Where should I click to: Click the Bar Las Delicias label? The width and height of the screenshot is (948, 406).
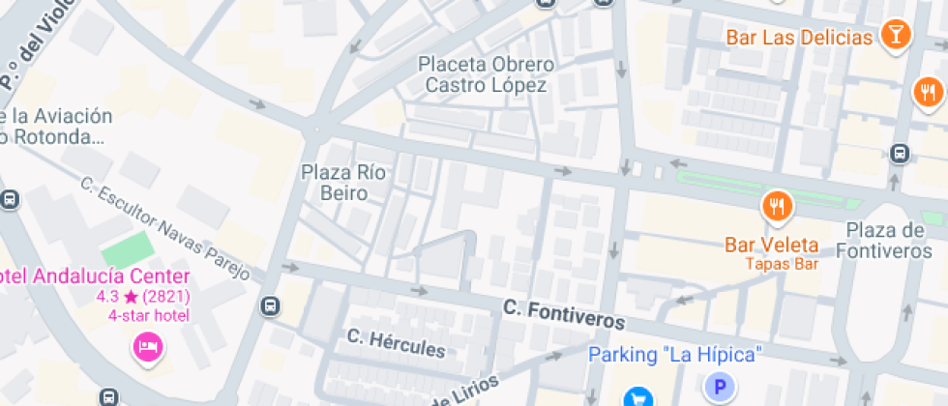799,38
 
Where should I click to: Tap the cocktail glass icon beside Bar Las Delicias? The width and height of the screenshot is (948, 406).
897,36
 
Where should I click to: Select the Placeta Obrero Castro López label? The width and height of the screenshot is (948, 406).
487,74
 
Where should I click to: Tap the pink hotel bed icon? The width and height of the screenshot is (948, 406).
148,346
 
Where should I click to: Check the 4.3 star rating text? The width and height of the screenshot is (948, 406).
143,297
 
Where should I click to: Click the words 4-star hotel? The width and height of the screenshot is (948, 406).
149,315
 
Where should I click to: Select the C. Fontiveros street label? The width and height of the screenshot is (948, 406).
563,314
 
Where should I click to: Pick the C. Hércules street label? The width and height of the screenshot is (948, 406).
397,343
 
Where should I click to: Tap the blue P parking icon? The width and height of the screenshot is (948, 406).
719,389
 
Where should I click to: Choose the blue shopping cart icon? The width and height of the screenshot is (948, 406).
637,396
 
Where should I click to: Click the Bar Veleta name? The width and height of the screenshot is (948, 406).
772,246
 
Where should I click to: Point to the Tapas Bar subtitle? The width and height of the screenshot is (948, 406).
782,264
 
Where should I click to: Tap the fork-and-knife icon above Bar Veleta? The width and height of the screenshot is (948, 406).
778,206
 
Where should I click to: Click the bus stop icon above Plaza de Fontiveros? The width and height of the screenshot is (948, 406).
901,154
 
